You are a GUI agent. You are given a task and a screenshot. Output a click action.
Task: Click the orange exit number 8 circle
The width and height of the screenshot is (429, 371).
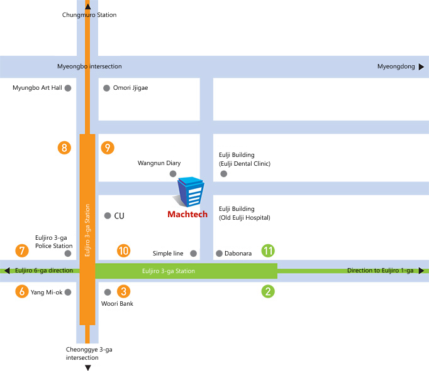pos(64,148)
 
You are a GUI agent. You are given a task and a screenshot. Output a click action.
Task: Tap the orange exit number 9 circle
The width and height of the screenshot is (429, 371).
pos(108,148)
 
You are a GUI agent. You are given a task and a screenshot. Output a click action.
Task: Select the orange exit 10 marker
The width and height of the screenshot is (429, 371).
pos(123,250)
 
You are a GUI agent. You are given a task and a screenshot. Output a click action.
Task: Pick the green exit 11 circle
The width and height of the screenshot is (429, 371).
pos(269,250)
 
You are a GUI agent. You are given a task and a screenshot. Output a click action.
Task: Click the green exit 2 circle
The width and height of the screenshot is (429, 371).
pos(269,291)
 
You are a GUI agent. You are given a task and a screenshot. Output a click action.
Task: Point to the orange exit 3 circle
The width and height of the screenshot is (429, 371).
pos(124,291)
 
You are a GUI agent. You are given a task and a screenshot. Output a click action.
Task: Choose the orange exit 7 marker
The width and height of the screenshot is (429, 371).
pos(23,250)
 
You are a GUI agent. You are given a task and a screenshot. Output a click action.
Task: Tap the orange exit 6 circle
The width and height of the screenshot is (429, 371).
pos(23,291)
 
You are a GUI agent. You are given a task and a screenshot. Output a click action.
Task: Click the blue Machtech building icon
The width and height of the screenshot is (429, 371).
pos(191,192)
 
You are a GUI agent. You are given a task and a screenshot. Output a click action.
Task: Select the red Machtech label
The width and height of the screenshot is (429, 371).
pos(187,215)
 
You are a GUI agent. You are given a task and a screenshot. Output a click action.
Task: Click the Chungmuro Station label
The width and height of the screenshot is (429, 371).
pos(89,15)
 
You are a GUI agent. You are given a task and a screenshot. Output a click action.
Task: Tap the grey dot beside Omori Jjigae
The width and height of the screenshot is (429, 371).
pos(106,88)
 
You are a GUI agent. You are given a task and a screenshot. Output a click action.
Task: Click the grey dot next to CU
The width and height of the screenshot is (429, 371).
pos(108,215)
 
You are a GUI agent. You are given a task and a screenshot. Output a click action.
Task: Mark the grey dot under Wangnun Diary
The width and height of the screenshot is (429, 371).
pos(173,173)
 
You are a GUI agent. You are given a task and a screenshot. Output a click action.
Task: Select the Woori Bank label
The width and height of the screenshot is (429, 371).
pos(117,304)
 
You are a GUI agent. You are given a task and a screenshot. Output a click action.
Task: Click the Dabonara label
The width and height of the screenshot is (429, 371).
pos(238,254)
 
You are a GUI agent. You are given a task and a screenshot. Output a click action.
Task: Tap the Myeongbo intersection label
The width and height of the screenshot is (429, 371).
pos(89,67)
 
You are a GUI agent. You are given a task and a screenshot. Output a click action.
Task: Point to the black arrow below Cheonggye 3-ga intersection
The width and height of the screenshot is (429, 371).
pos(88,367)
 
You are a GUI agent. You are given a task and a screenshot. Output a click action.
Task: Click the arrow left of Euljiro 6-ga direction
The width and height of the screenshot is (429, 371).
pos(7,271)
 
